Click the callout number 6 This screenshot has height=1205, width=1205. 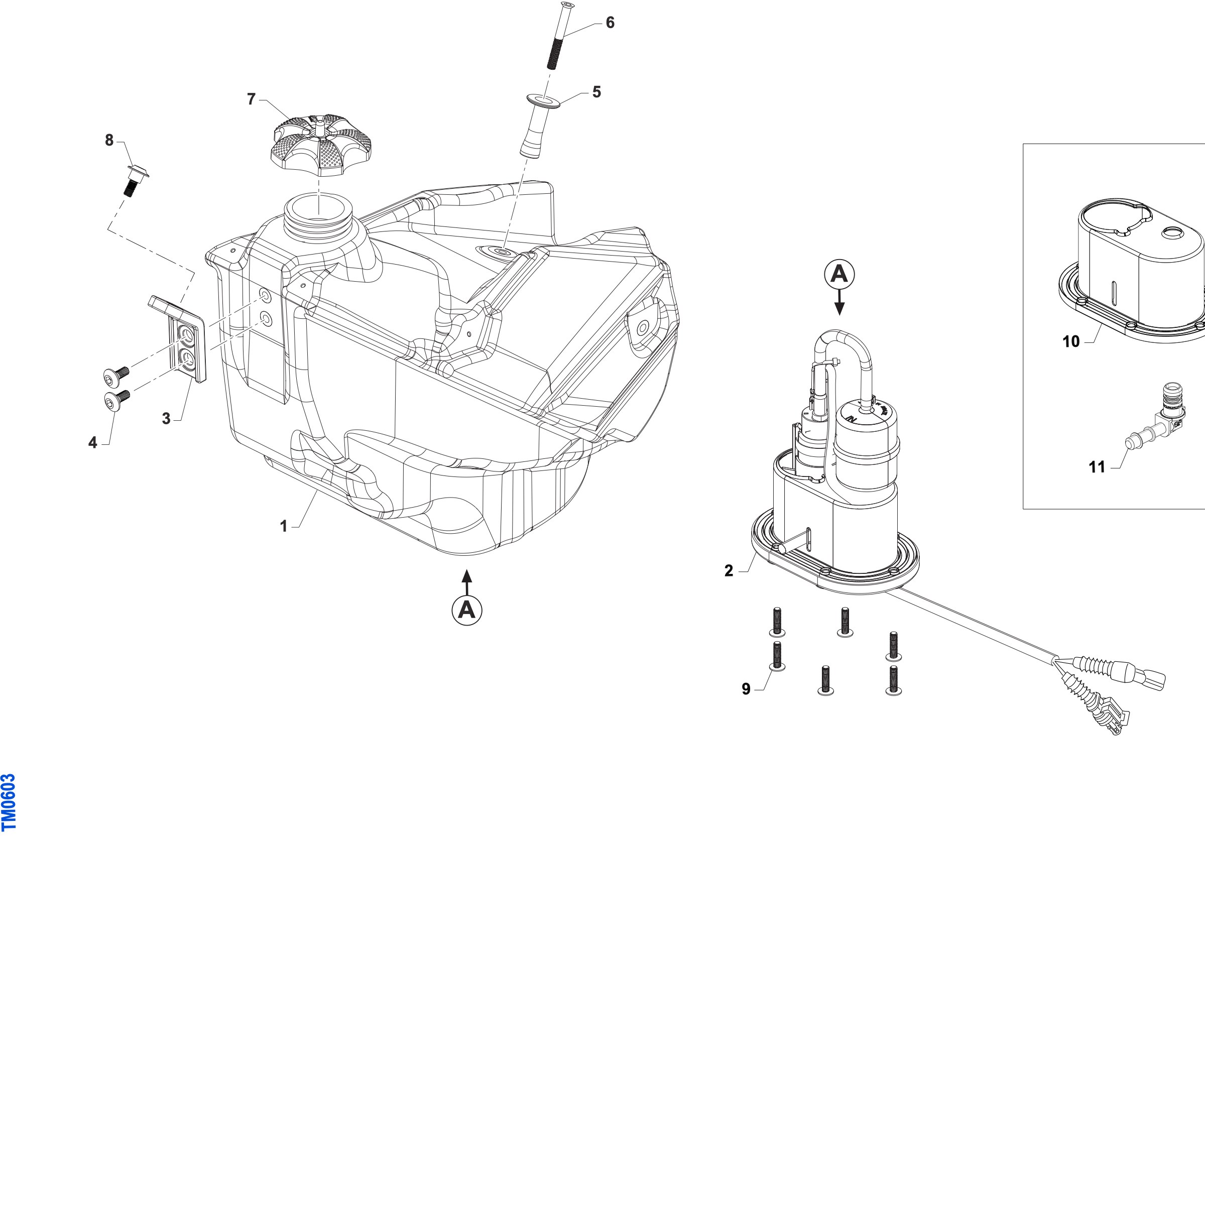[x=610, y=23]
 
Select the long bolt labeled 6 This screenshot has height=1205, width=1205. [x=560, y=36]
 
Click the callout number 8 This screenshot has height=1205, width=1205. [x=109, y=141]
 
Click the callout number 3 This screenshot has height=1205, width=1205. [x=166, y=419]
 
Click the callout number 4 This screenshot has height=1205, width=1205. [x=93, y=443]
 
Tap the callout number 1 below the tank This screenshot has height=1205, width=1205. [x=284, y=526]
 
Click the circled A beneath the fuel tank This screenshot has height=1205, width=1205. [x=466, y=610]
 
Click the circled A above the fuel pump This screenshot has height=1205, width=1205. [x=839, y=274]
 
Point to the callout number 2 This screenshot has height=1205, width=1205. [x=729, y=571]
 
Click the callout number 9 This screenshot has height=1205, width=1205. [x=746, y=689]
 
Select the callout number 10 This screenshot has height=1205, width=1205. [x=1071, y=342]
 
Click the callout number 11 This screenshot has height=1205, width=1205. [x=1097, y=467]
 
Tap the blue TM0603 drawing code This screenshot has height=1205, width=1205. [x=9, y=803]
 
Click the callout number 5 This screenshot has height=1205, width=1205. [x=597, y=92]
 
